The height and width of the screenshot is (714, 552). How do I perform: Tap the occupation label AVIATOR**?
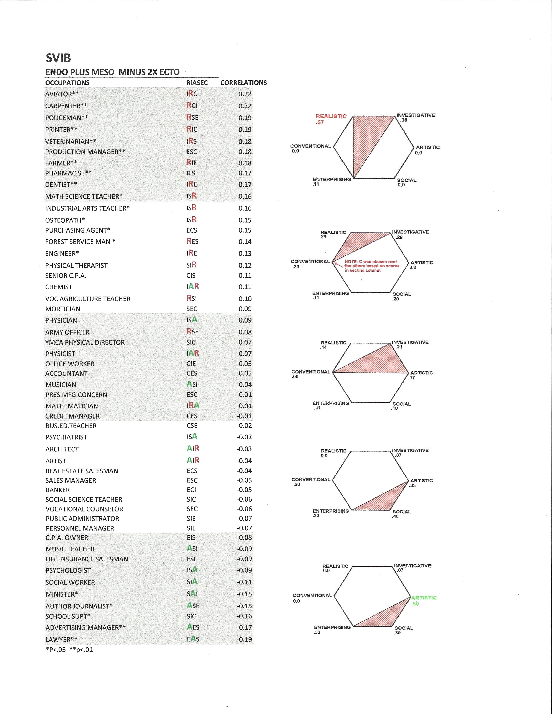62,94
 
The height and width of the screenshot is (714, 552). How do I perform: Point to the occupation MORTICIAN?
62,309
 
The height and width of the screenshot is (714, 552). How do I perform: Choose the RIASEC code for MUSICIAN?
192,384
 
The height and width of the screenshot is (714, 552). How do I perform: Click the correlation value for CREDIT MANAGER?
244,416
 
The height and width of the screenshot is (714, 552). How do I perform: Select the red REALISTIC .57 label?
331,119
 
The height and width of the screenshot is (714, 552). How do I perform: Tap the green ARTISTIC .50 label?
424,600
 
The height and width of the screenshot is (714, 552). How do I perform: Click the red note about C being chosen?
372,266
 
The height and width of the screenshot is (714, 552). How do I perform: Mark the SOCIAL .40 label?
402,514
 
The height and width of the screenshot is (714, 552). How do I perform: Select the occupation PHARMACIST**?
68,173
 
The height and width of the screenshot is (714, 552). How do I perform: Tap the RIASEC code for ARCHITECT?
193,449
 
